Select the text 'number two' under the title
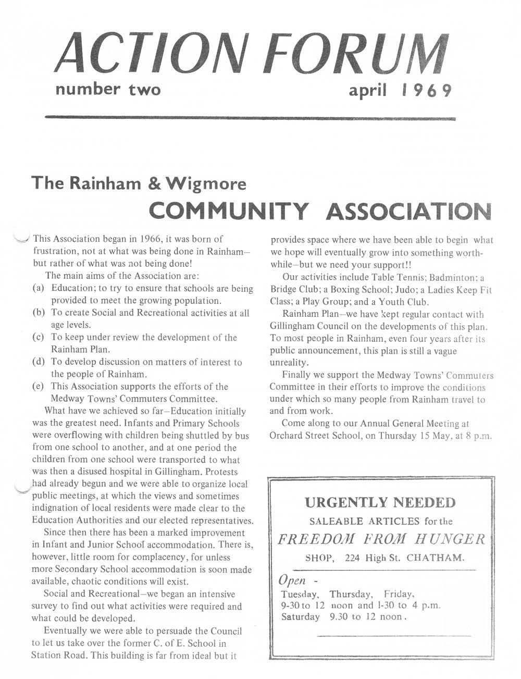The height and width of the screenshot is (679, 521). pyautogui.click(x=108, y=90)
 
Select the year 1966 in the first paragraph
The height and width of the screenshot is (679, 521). pyautogui.click(x=146, y=239)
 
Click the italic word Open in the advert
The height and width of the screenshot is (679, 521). pyautogui.click(x=292, y=580)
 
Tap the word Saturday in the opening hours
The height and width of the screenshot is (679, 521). pyautogui.click(x=300, y=616)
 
